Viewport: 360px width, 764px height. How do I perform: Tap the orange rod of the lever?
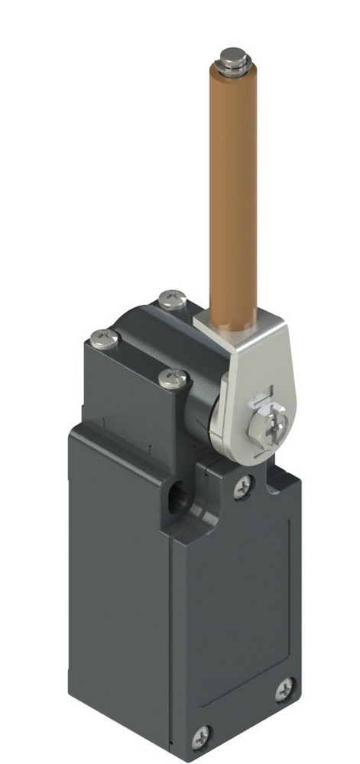pos(231,191)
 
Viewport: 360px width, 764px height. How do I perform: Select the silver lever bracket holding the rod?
pos(243,382)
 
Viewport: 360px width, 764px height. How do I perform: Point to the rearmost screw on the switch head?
pos(173,299)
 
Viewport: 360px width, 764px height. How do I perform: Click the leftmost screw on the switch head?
pos(105,338)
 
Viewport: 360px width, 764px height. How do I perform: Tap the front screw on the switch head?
pos(173,376)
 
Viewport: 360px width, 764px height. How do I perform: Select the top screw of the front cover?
pos(243,484)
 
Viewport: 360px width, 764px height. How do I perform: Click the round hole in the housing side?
pos(177,501)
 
